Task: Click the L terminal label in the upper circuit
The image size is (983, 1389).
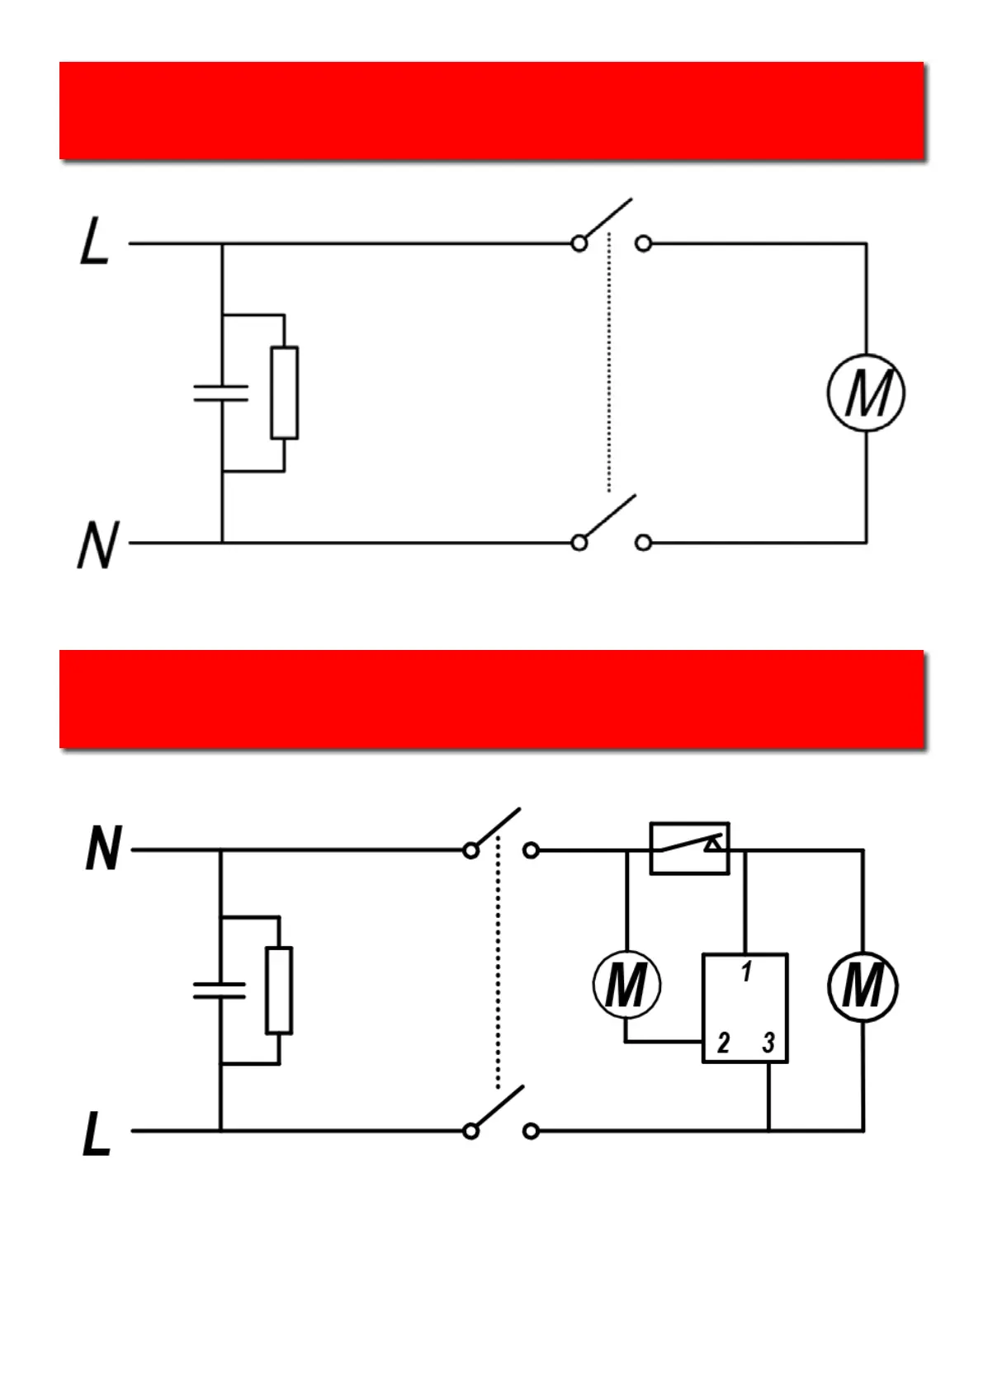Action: coord(94,242)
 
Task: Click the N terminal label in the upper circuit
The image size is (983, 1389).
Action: coord(98,545)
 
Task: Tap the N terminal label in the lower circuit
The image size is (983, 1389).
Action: coord(103,850)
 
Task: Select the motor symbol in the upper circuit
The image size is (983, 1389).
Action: coord(866,393)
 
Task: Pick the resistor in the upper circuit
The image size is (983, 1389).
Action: coord(285,393)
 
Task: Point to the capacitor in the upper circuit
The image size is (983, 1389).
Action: coord(221,393)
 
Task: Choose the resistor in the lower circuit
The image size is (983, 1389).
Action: coord(279,990)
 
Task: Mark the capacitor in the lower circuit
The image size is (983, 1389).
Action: coord(220,990)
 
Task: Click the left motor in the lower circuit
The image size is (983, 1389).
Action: coord(626,985)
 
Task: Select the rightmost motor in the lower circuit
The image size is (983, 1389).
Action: coord(862,986)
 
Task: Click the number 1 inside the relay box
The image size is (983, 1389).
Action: coord(746,972)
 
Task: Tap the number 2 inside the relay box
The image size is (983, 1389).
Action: coord(723,1043)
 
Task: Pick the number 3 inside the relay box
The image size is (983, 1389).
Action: coord(768,1043)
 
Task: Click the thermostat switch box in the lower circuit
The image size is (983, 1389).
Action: coord(689,848)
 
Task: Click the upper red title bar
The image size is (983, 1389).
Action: coord(491,110)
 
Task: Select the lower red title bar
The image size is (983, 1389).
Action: coord(491,699)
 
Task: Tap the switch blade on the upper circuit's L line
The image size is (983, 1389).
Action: coord(606,221)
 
